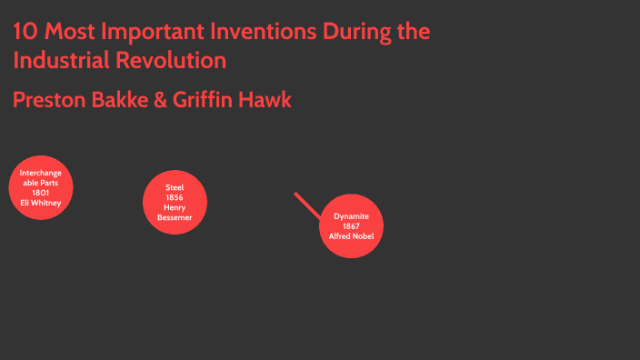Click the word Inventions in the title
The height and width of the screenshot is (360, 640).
pyautogui.click(x=267, y=33)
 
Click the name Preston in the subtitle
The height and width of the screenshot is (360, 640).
pyautogui.click(x=49, y=100)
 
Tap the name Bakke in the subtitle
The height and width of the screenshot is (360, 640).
pyautogui.click(x=120, y=100)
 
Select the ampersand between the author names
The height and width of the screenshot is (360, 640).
pyautogui.click(x=162, y=100)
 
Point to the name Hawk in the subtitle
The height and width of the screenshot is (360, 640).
pyautogui.click(x=266, y=100)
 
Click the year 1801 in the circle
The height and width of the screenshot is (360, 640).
pyautogui.click(x=41, y=193)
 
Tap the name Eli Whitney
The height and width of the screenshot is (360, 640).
pyautogui.click(x=41, y=203)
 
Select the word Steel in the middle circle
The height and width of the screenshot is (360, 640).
pyautogui.click(x=175, y=187)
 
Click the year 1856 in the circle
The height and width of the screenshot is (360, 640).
pyautogui.click(x=175, y=197)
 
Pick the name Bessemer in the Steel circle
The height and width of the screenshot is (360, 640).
pyautogui.click(x=175, y=217)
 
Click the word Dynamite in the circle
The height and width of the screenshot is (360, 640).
pyautogui.click(x=351, y=216)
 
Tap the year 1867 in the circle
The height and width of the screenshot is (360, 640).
pyautogui.click(x=351, y=226)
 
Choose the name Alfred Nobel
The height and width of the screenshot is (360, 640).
pyautogui.click(x=351, y=236)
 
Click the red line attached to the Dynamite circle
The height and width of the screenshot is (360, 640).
pyautogui.click(x=307, y=205)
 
